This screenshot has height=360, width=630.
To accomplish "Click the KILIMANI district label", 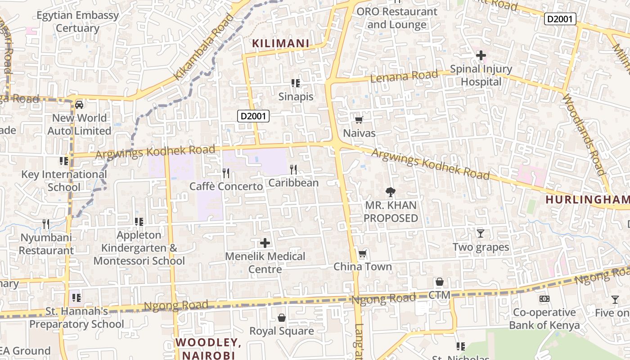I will (280, 44).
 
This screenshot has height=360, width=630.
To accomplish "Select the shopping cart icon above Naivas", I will (359, 120).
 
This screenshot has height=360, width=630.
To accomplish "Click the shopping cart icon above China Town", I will (362, 254).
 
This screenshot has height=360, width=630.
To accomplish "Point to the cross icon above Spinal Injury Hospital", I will (481, 56).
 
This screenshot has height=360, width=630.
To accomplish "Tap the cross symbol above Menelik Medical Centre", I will (265, 243).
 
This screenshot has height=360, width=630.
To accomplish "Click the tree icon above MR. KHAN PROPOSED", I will (390, 192).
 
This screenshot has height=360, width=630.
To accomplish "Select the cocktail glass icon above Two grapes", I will (481, 234).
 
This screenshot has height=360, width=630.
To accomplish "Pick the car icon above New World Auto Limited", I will (79, 105).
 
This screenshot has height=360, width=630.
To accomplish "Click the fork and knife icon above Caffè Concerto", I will (226, 173).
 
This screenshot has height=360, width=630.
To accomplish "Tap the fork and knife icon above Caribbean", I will (293, 169).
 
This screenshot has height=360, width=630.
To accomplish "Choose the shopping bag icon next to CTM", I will (440, 282).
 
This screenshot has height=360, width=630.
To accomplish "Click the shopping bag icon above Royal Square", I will (282, 318).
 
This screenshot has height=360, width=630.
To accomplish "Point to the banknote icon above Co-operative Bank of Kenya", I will (544, 299).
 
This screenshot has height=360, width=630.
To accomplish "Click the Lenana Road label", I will (404, 76).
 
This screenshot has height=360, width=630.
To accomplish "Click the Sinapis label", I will (296, 96).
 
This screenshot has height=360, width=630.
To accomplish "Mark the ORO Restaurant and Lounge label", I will (396, 18).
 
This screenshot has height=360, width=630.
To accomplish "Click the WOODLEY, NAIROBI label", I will (208, 349).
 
